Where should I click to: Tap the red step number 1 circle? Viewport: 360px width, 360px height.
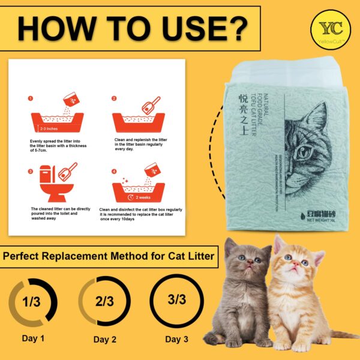(29, 98)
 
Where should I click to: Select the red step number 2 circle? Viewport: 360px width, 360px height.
(114, 98)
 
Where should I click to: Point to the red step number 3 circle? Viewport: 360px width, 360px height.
(29, 171)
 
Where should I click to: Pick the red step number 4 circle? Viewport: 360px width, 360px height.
(114, 171)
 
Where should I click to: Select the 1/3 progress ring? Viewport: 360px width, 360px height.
(33, 301)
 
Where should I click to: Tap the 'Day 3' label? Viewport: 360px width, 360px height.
(176, 340)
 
